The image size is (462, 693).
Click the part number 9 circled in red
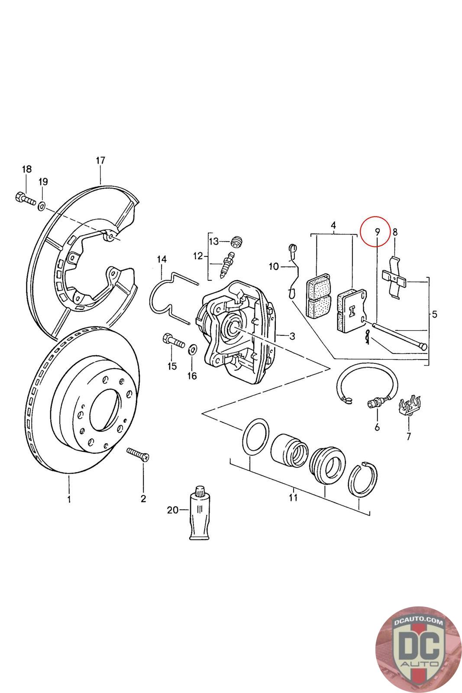point(377,232)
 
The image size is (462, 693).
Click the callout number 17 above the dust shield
point(100,161)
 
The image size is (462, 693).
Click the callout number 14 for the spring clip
point(162,259)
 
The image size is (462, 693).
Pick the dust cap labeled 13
point(236,241)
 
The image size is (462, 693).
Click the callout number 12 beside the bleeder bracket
point(197,256)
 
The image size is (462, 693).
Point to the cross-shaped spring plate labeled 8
point(395,277)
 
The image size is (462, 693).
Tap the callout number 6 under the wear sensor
point(377,427)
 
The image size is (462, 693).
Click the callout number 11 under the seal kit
point(293,497)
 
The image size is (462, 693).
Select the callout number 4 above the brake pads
point(333,225)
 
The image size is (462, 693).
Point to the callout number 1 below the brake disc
point(68,500)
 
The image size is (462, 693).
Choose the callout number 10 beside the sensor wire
point(274,266)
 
